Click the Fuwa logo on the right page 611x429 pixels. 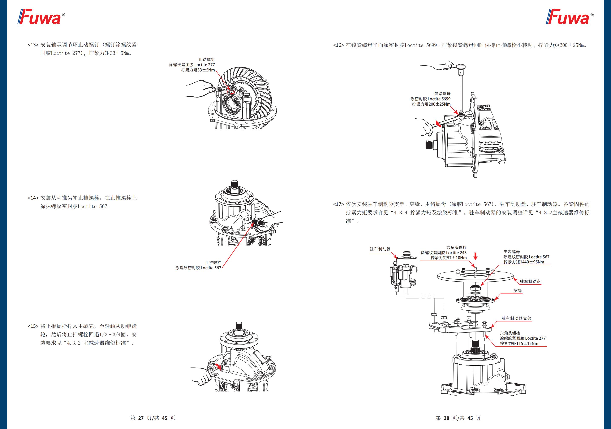[x=569, y=17]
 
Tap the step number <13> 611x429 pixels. [x=33, y=45]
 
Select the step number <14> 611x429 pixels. [x=33, y=198]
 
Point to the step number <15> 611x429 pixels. [x=33, y=326]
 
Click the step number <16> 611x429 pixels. [x=339, y=45]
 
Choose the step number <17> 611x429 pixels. [x=339, y=204]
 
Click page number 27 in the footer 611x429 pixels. [x=141, y=418]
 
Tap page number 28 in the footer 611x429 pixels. [x=446, y=418]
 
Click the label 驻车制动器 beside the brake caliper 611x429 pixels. [x=380, y=249]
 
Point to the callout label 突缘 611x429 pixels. [x=518, y=291]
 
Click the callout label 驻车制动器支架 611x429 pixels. [x=516, y=318]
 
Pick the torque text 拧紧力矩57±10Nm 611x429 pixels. [x=449, y=258]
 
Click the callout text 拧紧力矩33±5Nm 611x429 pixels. [x=198, y=70]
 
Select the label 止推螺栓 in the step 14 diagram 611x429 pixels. [x=213, y=263]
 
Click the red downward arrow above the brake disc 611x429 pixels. [x=476, y=256]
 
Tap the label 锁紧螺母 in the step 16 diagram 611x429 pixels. [x=442, y=94]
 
